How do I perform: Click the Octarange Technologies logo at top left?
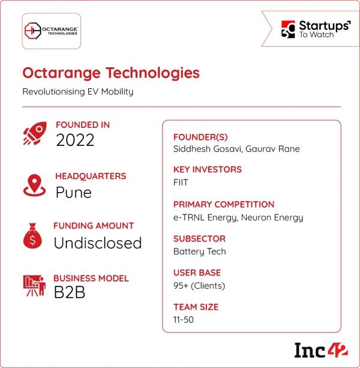click(x=52, y=29)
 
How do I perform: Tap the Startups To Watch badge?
click(x=316, y=29)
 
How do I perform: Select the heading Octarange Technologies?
click(x=111, y=73)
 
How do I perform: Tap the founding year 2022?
click(x=76, y=140)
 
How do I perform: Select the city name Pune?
click(x=74, y=192)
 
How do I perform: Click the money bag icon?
click(x=33, y=236)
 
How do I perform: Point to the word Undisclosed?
click(x=98, y=243)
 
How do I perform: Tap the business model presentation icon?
click(x=34, y=287)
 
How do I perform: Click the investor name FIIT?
click(x=181, y=182)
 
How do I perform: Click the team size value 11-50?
click(x=184, y=319)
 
